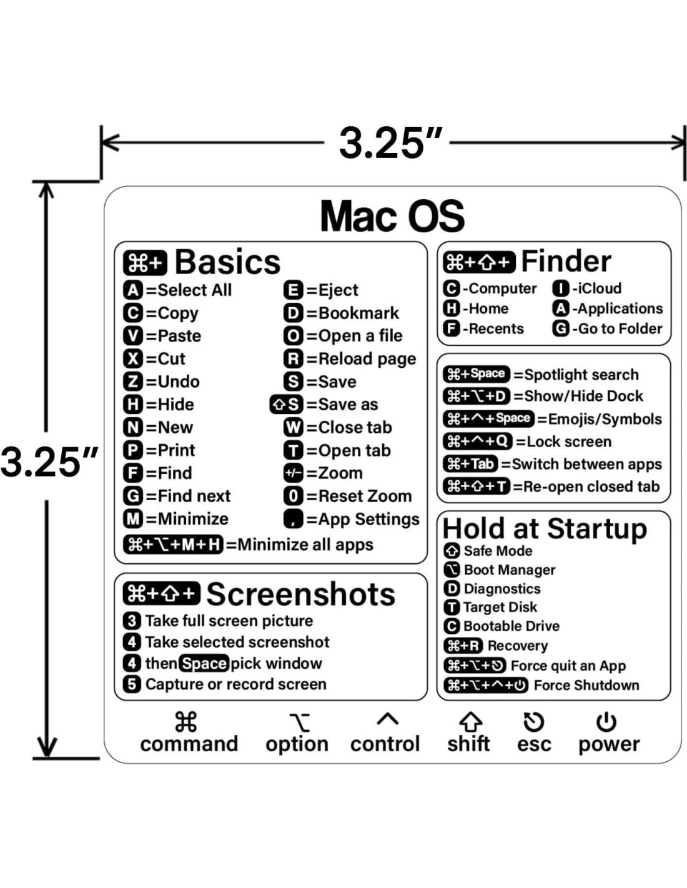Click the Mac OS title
pyautogui.click(x=392, y=216)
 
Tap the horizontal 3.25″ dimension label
pyautogui.click(x=391, y=143)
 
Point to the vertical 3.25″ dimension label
pyautogui.click(x=49, y=462)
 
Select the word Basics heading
pyautogui.click(x=227, y=262)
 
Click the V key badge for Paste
pyautogui.click(x=133, y=336)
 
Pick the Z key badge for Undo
pyautogui.click(x=133, y=382)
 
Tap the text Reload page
pyautogui.click(x=367, y=359)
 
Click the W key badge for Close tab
pyautogui.click(x=293, y=428)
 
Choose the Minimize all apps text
pyautogui.click(x=305, y=545)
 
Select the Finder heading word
pyautogui.click(x=566, y=261)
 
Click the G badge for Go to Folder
pyautogui.click(x=561, y=328)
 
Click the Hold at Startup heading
pyautogui.click(x=545, y=529)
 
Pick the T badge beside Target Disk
pyautogui.click(x=451, y=607)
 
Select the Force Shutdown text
pyautogui.click(x=586, y=685)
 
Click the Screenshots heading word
pyautogui.click(x=300, y=594)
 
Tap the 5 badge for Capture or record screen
pyautogui.click(x=132, y=684)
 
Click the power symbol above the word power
pyautogui.click(x=606, y=722)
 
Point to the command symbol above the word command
pyautogui.click(x=185, y=722)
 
